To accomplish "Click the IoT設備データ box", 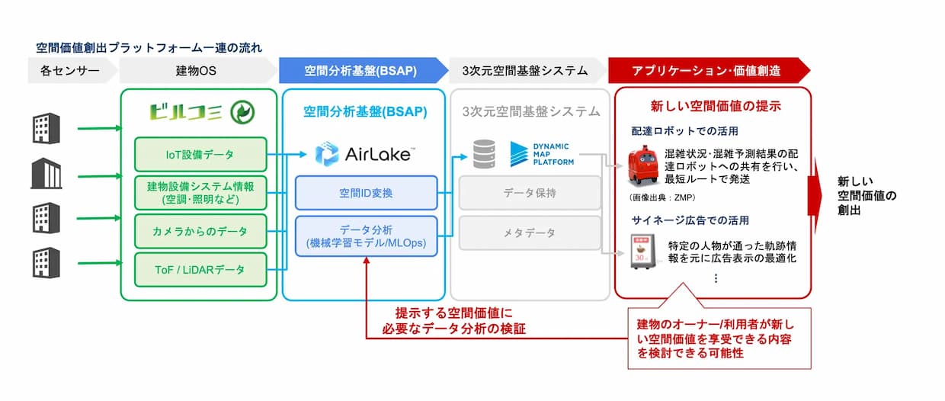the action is (x=200, y=155).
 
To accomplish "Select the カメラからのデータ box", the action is (x=200, y=231).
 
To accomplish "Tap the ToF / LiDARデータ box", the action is (x=200, y=270).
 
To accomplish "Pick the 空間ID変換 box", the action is (x=366, y=193).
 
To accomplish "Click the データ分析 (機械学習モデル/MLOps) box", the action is (x=366, y=236).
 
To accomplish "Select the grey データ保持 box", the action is (x=530, y=193).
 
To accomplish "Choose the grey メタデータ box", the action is (x=530, y=233).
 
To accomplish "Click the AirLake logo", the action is (x=365, y=154).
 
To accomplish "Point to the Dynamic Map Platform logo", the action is (x=542, y=154).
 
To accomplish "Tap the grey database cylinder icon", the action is (x=484, y=154).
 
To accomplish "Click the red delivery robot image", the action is (x=643, y=165).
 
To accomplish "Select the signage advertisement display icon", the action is (x=643, y=252).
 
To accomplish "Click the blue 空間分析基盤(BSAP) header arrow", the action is (x=364, y=70).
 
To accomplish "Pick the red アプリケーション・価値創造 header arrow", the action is (x=709, y=70).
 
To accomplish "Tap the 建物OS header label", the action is (x=196, y=70).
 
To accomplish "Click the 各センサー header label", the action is (x=70, y=70).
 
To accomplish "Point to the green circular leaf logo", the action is (x=242, y=112).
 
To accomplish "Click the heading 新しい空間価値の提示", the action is (x=716, y=106).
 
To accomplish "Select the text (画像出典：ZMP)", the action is (x=661, y=197).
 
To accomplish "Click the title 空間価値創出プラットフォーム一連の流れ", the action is (x=149, y=48).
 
